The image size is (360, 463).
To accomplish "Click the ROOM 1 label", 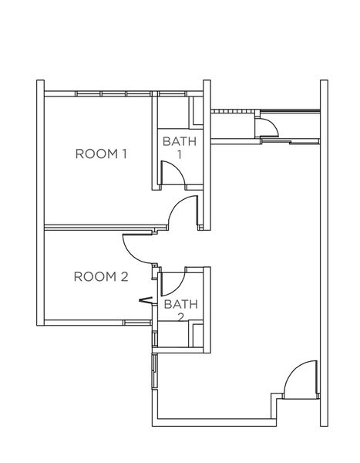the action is tap(101, 154).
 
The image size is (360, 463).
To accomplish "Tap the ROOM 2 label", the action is tap(101, 277).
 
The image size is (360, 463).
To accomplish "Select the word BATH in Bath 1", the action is tap(180, 141).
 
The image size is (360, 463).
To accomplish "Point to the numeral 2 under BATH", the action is tap(181, 317).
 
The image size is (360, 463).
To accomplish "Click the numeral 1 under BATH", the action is tap(180, 154).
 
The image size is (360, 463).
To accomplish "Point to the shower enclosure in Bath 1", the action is tap(196, 111).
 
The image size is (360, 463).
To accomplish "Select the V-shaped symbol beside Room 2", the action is tap(146, 300).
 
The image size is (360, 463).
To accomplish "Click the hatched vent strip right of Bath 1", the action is tap(233, 111).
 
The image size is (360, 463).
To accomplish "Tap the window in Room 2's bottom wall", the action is tap(137, 323).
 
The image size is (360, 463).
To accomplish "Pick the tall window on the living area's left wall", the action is tap(155, 371).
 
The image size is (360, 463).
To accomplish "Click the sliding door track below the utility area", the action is tap(291, 142).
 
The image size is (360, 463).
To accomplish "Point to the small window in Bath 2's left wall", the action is tap(155, 339).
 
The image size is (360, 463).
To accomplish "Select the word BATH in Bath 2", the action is tap(181, 304).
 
